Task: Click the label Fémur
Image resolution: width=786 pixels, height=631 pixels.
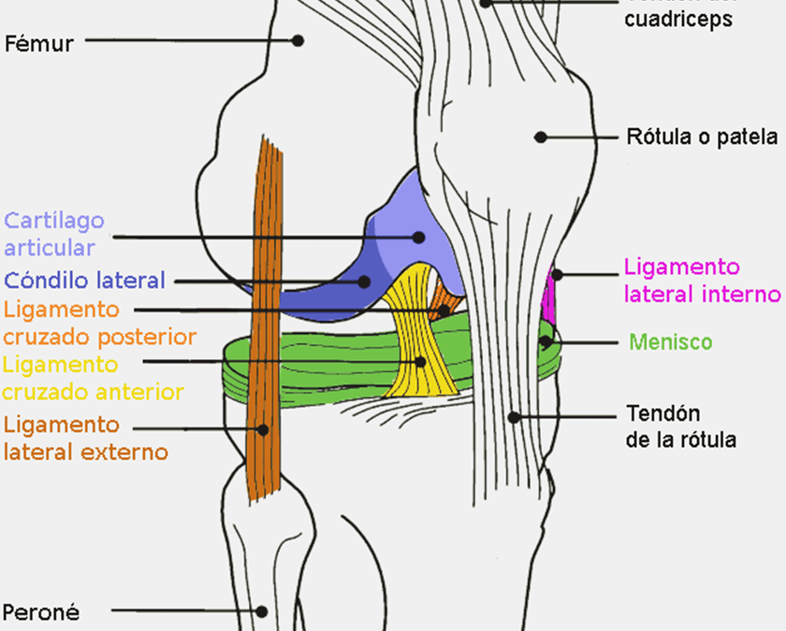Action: (x=39, y=42)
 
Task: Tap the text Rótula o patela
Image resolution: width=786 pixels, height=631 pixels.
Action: (x=701, y=137)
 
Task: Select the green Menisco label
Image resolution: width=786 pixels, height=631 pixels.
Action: (x=670, y=342)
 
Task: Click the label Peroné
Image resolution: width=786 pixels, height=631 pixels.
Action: (x=41, y=612)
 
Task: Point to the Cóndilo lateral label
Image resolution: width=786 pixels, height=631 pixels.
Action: (x=84, y=280)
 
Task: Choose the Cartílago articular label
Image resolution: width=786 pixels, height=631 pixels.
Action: (x=54, y=234)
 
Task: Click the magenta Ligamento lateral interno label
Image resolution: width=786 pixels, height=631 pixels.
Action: (x=701, y=280)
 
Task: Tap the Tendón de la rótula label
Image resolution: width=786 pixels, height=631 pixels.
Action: (x=680, y=426)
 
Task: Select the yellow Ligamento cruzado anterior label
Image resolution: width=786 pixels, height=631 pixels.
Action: (x=93, y=378)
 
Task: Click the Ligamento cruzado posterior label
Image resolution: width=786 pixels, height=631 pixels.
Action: (x=99, y=323)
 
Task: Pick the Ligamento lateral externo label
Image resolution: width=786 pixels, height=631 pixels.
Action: (x=86, y=438)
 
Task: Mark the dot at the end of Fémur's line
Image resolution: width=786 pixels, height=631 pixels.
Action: (x=298, y=41)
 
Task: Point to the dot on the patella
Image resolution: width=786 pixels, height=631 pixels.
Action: (x=540, y=137)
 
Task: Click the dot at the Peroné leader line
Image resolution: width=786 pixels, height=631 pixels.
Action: (x=263, y=612)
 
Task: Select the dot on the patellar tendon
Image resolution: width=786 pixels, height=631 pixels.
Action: (x=514, y=417)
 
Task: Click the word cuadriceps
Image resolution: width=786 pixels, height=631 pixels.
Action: (x=678, y=19)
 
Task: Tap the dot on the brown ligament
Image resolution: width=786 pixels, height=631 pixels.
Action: (x=264, y=430)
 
